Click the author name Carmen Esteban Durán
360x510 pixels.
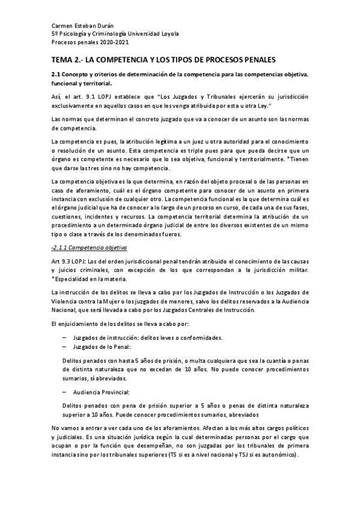(79, 26)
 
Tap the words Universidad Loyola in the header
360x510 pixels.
(160, 34)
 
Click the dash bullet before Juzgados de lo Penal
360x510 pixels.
(64, 347)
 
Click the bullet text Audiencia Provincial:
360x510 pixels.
(100, 391)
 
